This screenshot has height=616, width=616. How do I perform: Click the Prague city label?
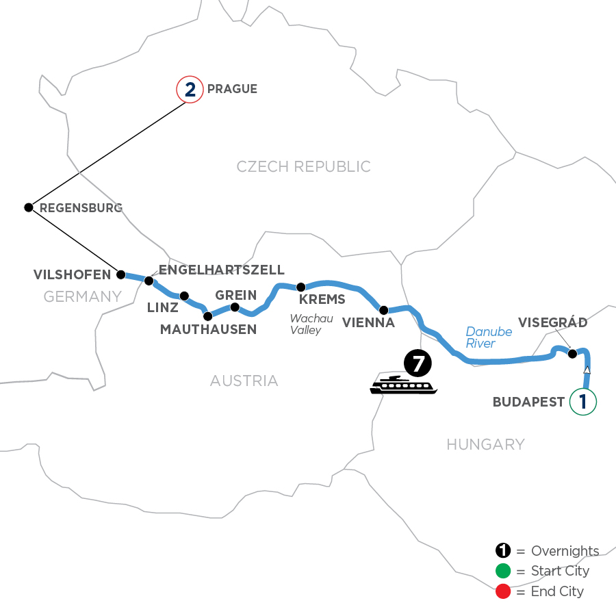pyautogui.click(x=232, y=89)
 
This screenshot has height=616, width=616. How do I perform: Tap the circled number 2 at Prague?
pyautogui.click(x=190, y=90)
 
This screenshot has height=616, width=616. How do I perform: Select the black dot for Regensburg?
pyautogui.click(x=28, y=207)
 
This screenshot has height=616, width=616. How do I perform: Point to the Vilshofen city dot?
pyautogui.click(x=121, y=274)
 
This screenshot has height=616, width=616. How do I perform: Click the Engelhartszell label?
pyautogui.click(x=221, y=270)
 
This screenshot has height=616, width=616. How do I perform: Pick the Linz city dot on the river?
pyautogui.click(x=184, y=296)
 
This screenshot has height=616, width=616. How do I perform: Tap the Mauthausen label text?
pyautogui.click(x=208, y=329)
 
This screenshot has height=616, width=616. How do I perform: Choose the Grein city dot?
pyautogui.click(x=234, y=307)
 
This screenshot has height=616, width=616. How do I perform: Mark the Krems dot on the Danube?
pyautogui.click(x=300, y=286)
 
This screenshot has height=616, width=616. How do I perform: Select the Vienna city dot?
pyautogui.click(x=383, y=309)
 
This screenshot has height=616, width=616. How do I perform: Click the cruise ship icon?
pyautogui.click(x=403, y=385)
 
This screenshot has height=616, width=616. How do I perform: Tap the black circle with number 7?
pyautogui.click(x=418, y=363)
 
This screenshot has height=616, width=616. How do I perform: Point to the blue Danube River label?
pyautogui.click(x=489, y=337)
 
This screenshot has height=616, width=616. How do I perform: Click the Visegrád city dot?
pyautogui.click(x=573, y=354)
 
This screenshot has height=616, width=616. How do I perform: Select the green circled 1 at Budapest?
pyautogui.click(x=583, y=402)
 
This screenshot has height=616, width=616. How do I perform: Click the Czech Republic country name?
pyautogui.click(x=303, y=166)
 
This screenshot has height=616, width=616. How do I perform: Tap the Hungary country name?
pyautogui.click(x=485, y=445)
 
